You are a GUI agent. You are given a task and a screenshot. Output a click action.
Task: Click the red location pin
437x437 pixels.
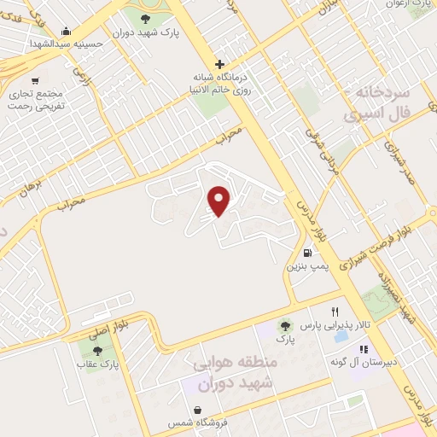click(220, 201)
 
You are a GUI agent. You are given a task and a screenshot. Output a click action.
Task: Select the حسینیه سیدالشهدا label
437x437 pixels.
click(67, 43)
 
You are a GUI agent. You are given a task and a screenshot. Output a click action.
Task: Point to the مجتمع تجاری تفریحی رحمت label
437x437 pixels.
click(36, 98)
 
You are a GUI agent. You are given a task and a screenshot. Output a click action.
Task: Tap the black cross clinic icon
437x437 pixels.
click(219, 64)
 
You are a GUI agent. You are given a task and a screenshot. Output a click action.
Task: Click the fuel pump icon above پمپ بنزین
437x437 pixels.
click(306, 253)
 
